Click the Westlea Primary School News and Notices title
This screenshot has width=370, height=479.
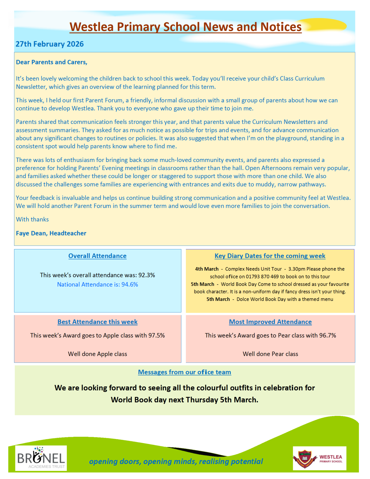185,27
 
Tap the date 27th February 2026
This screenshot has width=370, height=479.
49,44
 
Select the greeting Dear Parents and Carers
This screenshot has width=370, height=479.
51,62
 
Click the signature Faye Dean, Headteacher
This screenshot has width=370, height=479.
51,233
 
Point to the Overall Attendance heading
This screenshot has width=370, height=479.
97,256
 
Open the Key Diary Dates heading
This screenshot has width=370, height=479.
270,256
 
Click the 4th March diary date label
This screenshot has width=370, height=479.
207,269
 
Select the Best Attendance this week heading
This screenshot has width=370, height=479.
97,322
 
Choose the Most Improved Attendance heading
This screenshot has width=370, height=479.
270,322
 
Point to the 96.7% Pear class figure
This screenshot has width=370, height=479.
327,335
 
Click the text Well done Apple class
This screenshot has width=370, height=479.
97,354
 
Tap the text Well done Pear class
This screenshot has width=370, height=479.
270,354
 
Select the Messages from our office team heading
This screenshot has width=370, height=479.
184,372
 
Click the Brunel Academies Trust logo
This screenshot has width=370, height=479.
41,458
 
